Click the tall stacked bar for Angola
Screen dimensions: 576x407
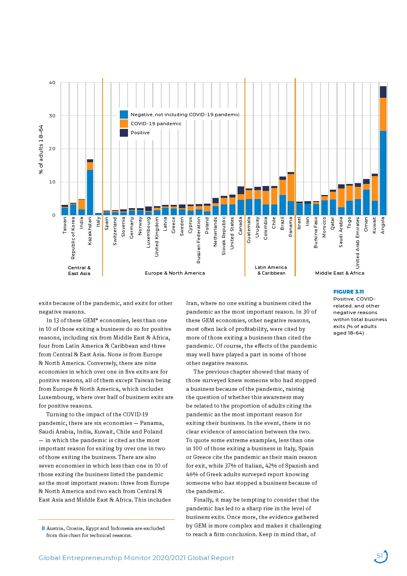(383, 151)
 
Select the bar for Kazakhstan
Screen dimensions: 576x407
(90, 187)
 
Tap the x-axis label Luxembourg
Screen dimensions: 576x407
(149, 232)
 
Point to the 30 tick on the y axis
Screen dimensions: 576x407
(52, 116)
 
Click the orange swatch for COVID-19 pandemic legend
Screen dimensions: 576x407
(124, 124)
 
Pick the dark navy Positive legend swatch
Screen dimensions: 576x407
(124, 133)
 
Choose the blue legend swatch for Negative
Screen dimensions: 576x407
(124, 115)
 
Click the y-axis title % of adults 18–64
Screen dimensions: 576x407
(41, 149)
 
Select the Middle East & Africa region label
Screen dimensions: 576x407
(339, 273)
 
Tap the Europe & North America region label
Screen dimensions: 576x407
(175, 273)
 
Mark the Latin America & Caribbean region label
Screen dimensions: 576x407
(271, 270)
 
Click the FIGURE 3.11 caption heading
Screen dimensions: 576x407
(348, 292)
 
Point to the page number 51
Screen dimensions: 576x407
(380, 556)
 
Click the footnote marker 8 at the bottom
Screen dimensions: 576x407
(43, 528)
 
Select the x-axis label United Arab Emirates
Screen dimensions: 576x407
(358, 243)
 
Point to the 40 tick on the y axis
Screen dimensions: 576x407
(52, 83)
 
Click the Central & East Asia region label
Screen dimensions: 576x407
(79, 271)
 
